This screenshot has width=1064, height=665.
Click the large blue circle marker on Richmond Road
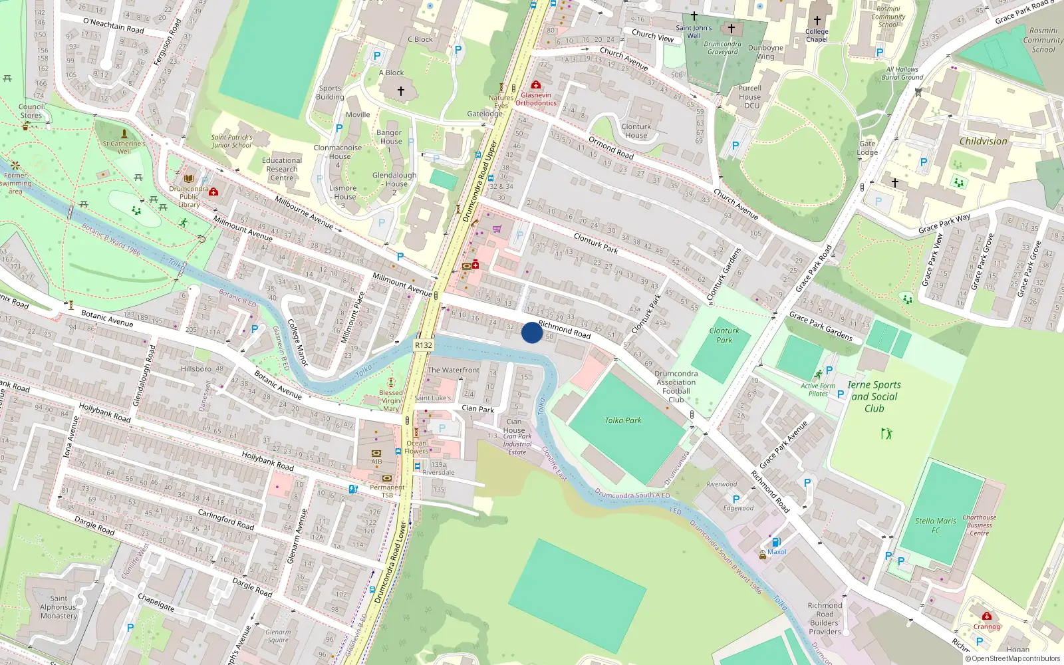(x=531, y=332)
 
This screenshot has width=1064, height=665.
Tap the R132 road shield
(x=424, y=345)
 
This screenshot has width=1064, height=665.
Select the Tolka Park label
(x=623, y=420)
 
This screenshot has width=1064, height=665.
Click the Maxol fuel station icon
(x=776, y=542)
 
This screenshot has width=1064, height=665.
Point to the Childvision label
(x=983, y=141)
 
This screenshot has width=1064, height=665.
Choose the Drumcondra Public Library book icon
(x=189, y=179)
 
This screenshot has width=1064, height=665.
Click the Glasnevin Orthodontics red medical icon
(x=535, y=85)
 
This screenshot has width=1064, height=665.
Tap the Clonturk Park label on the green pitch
(x=724, y=335)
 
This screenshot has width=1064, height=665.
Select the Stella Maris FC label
(x=936, y=525)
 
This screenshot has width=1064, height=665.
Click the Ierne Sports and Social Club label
(x=874, y=396)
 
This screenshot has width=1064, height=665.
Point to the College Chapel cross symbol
(x=817, y=21)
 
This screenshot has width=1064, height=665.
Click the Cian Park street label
(x=477, y=408)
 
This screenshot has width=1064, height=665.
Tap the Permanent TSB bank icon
(x=387, y=478)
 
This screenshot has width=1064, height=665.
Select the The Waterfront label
(x=453, y=370)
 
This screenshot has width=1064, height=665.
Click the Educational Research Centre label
(x=282, y=169)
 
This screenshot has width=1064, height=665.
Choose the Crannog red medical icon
(x=987, y=616)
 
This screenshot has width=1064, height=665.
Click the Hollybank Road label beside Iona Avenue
(x=105, y=413)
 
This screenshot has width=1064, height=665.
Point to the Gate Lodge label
(x=867, y=148)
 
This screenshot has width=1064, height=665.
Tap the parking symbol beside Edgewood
(x=736, y=499)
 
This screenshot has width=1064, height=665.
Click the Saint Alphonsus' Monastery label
(x=59, y=607)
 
